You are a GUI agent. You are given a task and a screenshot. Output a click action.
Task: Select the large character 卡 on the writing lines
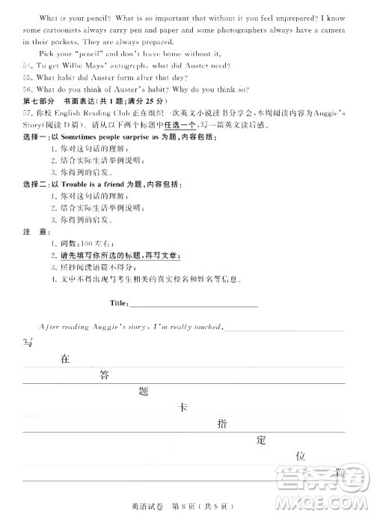[x=183, y=408]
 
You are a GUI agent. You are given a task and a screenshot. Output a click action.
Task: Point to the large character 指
[x=221, y=424]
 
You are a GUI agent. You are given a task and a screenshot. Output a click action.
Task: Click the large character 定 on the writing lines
[x=260, y=440]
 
